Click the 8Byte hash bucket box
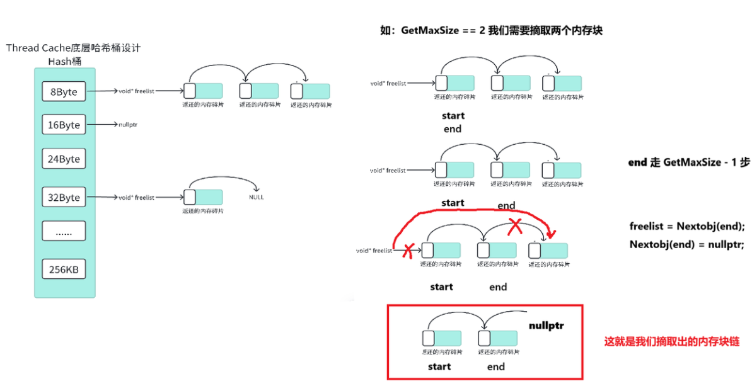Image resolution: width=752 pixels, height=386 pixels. tap(64, 92)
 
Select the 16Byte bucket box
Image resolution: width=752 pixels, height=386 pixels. tap(64, 125)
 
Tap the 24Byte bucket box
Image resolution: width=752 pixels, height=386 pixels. tap(64, 159)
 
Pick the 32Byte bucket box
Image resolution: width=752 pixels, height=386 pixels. tap(64, 197)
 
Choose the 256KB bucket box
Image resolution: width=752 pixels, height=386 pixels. tap(64, 270)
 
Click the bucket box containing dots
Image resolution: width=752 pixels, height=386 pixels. tap(64, 232)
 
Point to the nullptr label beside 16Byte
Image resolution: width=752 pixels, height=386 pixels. tap(128, 125)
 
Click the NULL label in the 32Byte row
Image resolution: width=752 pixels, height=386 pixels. tap(257, 197)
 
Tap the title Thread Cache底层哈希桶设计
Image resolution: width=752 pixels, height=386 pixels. tap(73, 48)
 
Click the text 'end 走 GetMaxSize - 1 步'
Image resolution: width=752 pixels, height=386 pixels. tap(689, 162)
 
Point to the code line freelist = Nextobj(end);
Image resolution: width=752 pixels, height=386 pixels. tap(686, 227)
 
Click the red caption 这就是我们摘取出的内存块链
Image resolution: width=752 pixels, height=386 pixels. tap(671, 342)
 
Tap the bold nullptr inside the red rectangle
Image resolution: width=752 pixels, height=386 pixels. tap(546, 326)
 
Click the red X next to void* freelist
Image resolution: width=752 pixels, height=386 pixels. tap(407, 251)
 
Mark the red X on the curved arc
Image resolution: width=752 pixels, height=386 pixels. tap(516, 227)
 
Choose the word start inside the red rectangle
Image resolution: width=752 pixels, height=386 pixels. tap(439, 366)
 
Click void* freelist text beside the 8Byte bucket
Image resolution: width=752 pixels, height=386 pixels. tap(136, 91)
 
